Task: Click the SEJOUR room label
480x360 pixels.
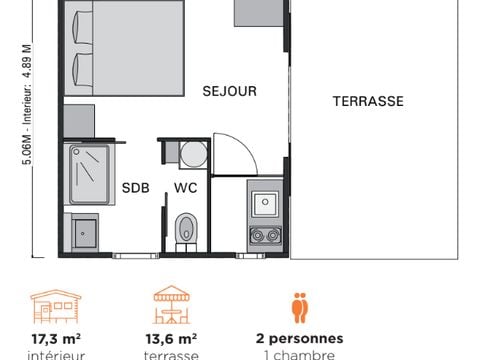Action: pyautogui.click(x=229, y=91)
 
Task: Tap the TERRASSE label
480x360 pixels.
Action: pyautogui.click(x=368, y=101)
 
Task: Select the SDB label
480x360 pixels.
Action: pyautogui.click(x=135, y=187)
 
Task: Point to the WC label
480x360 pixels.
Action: pyautogui.click(x=186, y=187)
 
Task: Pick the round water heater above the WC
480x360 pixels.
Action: pyautogui.click(x=193, y=154)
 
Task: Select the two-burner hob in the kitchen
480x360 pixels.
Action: pyautogui.click(x=265, y=235)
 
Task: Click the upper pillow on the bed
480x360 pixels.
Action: pyautogui.click(x=80, y=27)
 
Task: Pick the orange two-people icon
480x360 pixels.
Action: pyautogui.click(x=299, y=305)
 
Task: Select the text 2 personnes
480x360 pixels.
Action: pyautogui.click(x=299, y=339)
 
